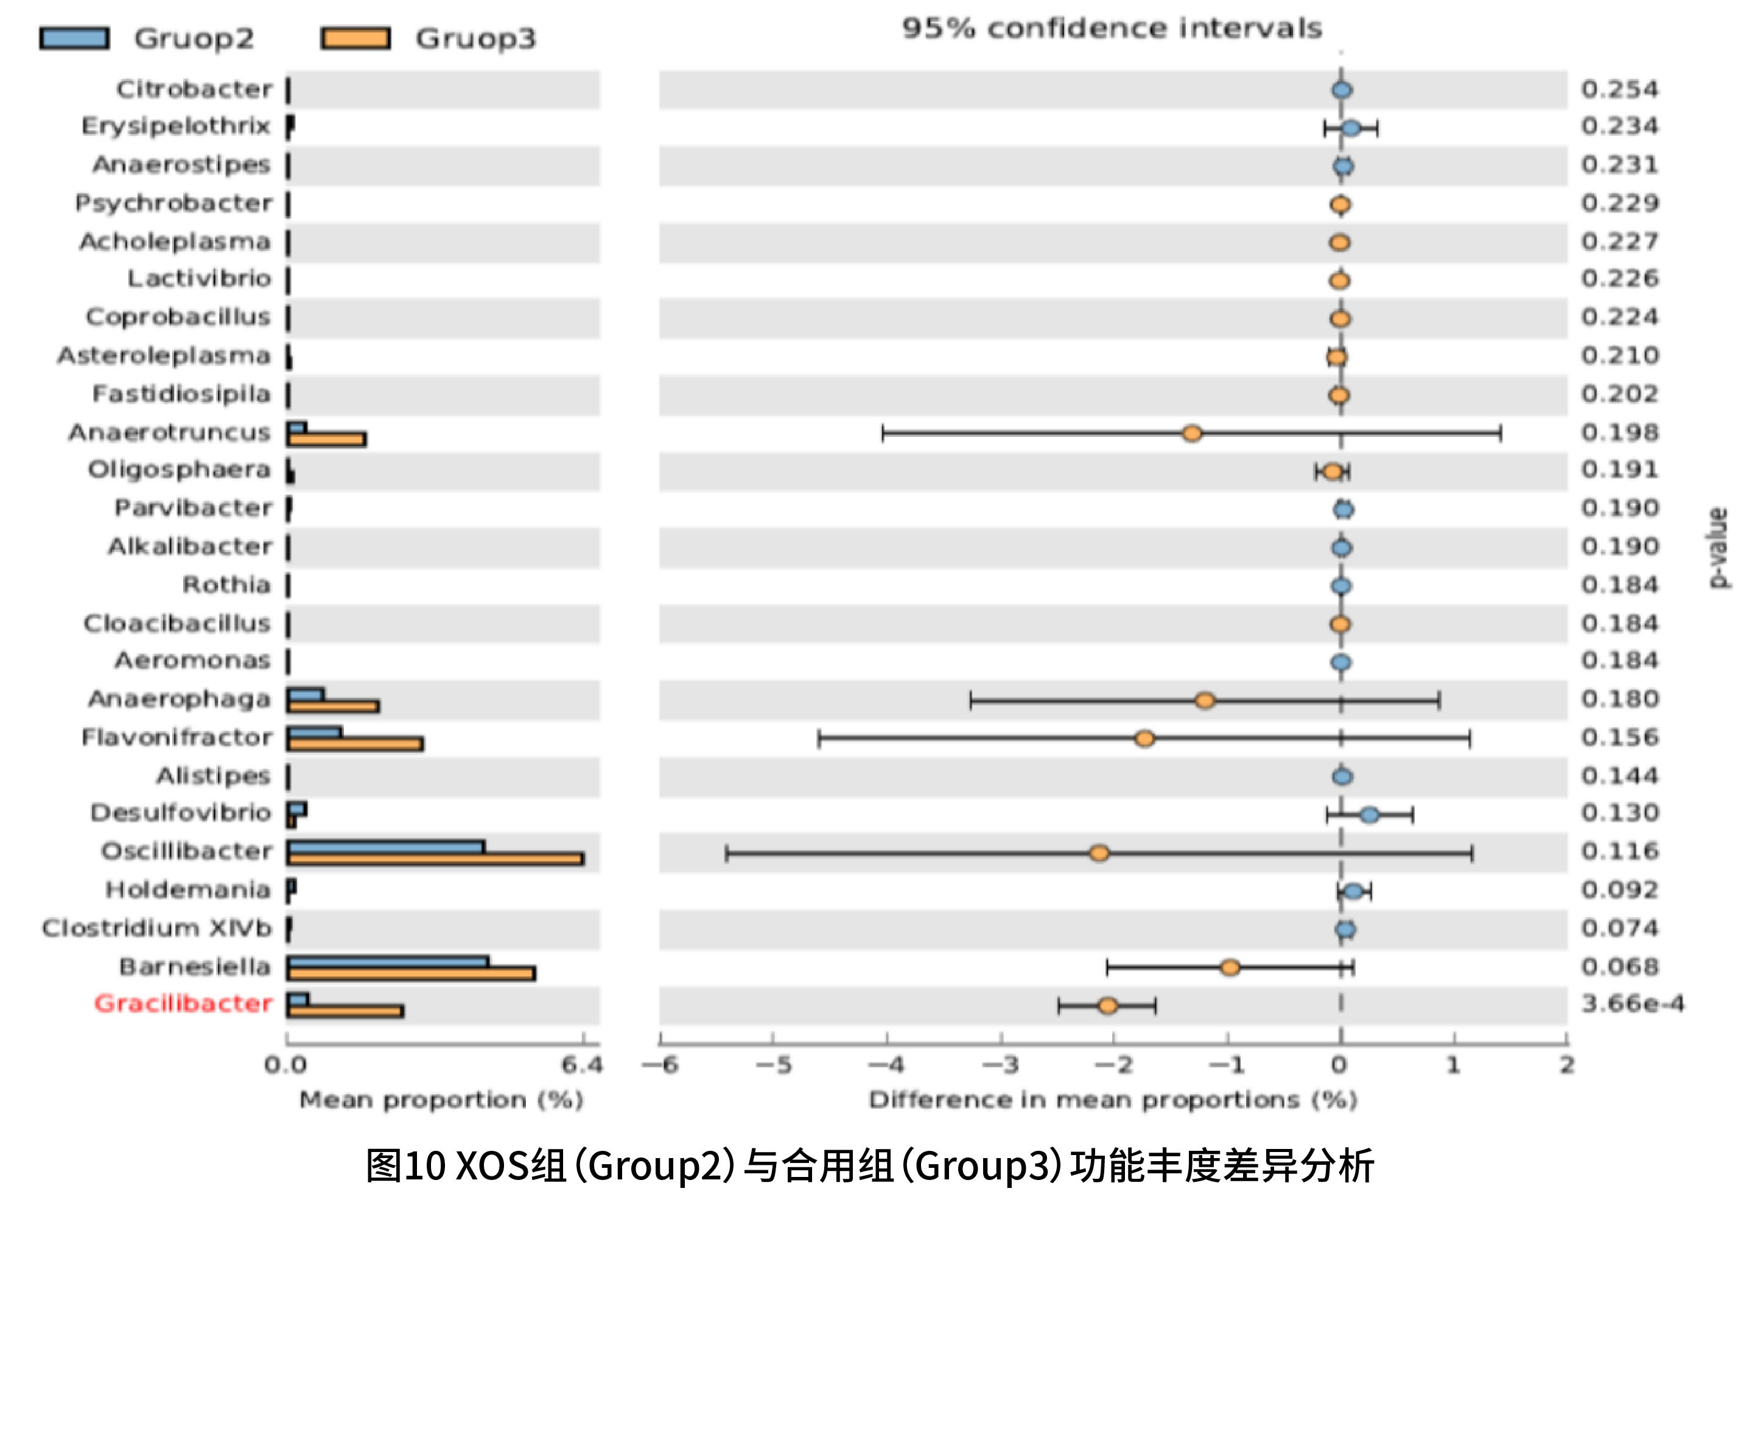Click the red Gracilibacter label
183,1004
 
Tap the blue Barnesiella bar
387,962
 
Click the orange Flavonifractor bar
355,744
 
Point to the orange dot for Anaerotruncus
1191,433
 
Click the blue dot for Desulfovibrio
1369,815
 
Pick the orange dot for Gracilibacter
1108,1005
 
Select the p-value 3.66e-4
1632,1004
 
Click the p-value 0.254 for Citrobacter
1619,89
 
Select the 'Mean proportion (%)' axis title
441,1100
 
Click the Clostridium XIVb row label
157,928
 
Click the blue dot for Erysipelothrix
1351,128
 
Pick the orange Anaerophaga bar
332,706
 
